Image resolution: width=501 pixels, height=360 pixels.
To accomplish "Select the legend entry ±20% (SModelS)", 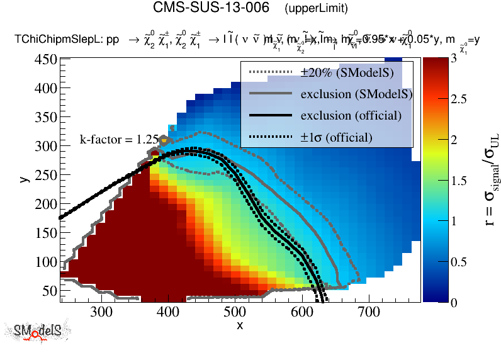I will tap(347, 73).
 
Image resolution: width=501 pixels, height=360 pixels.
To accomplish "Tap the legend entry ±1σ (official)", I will tap(336, 137).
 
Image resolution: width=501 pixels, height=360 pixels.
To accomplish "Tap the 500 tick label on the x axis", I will tap(235, 312).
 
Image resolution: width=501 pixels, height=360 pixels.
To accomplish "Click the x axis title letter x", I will tap(240, 325).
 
